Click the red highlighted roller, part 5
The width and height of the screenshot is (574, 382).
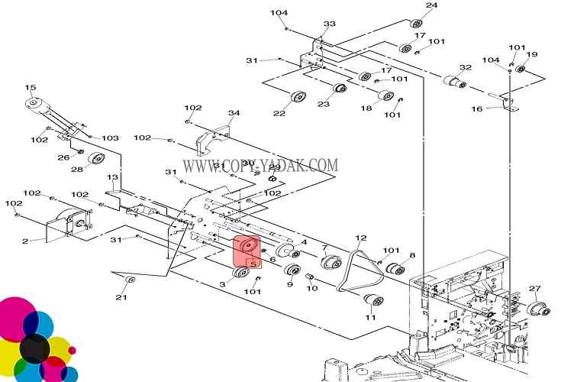[246, 251]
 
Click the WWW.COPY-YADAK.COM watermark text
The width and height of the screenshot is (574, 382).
[260, 165]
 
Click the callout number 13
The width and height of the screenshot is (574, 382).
[113, 177]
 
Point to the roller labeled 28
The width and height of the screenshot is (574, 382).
[95, 159]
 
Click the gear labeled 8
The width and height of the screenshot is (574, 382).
[395, 269]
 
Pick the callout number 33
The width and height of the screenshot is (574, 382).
[329, 24]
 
